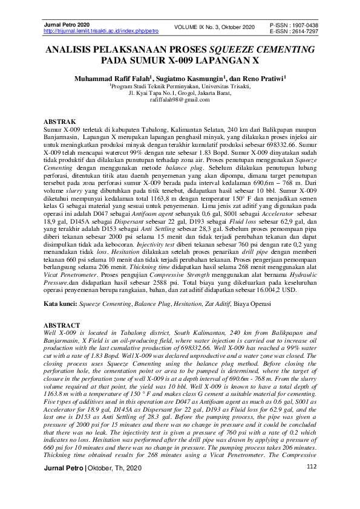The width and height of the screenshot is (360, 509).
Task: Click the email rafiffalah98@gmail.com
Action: coord(180,100)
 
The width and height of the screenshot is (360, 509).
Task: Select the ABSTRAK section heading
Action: coord(61,122)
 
